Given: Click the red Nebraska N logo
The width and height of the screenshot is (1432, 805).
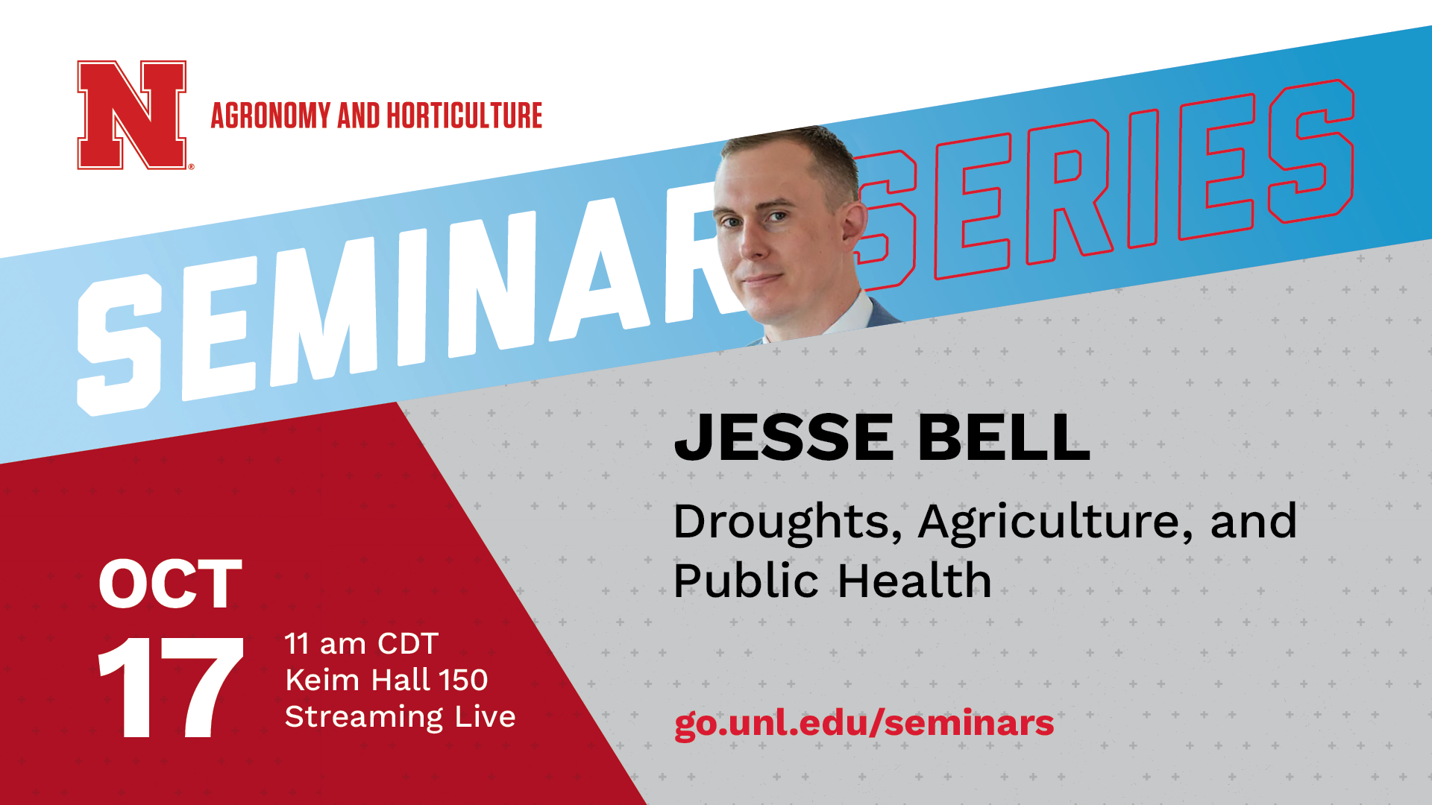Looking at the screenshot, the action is (132, 115).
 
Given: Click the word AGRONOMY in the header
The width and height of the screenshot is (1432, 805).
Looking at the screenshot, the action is (270, 116).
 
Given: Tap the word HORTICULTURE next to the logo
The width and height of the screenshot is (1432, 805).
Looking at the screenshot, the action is (464, 116).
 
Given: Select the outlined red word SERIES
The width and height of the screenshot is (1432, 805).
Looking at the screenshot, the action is (1104, 183).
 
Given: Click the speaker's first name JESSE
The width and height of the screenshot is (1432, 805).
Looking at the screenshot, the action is (784, 438).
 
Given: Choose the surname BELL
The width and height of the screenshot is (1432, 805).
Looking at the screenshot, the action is (1004, 438).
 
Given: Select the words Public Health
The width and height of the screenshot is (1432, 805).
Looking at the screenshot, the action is (832, 581).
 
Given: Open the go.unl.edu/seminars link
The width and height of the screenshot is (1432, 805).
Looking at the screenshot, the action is (864, 724).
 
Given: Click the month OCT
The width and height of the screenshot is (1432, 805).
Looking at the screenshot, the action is (170, 584).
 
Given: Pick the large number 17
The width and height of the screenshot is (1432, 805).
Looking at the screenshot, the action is (171, 687).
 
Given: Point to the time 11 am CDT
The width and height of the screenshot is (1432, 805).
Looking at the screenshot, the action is (361, 644).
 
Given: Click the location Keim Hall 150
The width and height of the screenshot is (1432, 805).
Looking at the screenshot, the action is (386, 680).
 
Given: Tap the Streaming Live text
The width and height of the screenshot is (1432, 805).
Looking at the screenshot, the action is (400, 717).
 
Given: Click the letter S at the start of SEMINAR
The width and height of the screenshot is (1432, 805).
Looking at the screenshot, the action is (119, 344).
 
